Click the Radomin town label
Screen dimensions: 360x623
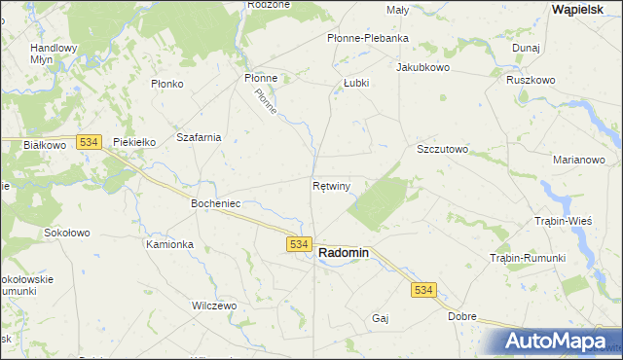[x=344, y=252]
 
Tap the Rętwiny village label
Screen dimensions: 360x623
[x=332, y=184]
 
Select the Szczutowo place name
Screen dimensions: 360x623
[x=443, y=150]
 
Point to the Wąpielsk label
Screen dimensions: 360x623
[x=581, y=8]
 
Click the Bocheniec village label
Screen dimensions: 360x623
[x=215, y=204]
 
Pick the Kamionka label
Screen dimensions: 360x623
[x=170, y=244]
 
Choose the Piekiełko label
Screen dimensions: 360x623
[x=135, y=142]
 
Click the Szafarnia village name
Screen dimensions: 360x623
[x=199, y=137]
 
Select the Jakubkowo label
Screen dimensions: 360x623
[x=422, y=68]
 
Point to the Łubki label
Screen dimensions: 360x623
[x=356, y=84]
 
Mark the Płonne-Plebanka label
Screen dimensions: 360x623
[x=366, y=39]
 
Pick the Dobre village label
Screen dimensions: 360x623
[x=462, y=316]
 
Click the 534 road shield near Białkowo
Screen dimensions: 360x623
[x=89, y=142]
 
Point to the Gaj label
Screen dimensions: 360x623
[x=381, y=318]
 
